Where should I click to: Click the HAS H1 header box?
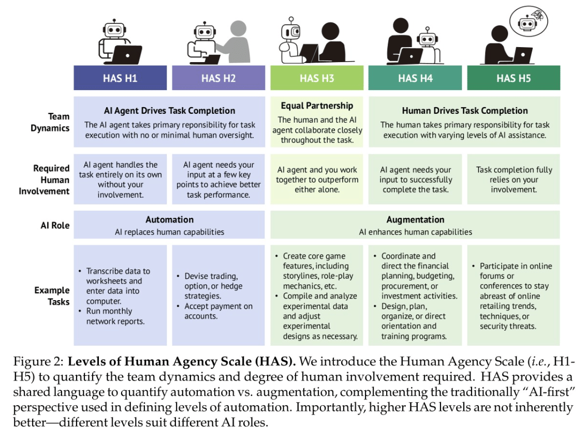point(120,78)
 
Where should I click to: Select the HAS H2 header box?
point(218,78)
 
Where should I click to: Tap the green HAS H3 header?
point(317,78)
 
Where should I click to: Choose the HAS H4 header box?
point(415,78)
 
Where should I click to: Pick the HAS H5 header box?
point(513,78)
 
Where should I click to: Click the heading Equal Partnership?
point(317,106)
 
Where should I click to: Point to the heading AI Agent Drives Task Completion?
point(170,111)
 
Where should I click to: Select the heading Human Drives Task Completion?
point(465,111)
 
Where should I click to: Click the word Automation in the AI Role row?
point(170,219)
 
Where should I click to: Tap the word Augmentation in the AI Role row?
point(416,219)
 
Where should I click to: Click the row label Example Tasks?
point(52,296)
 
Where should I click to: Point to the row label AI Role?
point(55,226)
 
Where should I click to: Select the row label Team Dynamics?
point(50,122)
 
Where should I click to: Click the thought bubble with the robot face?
point(529,21)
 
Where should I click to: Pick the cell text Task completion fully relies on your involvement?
point(514,180)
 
